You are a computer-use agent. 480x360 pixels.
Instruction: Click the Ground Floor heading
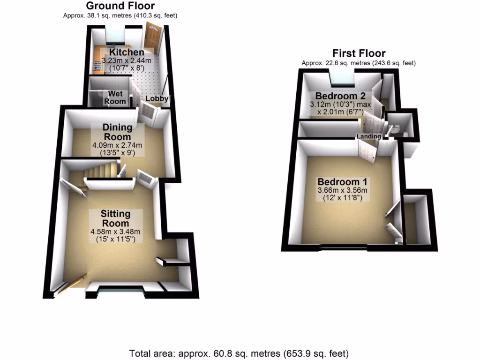tap(120, 6)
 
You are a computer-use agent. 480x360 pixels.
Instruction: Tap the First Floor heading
tap(359, 53)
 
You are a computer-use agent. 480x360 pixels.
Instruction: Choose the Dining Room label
tap(117, 132)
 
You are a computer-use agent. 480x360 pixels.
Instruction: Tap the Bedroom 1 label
tap(343, 181)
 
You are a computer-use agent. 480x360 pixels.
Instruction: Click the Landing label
tap(369, 136)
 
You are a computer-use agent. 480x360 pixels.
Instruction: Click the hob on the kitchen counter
tap(98, 65)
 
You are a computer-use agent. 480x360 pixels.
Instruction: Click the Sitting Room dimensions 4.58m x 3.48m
tap(116, 232)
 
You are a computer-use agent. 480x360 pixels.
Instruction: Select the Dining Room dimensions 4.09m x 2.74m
tap(117, 146)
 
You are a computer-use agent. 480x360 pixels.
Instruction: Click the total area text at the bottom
tap(239, 353)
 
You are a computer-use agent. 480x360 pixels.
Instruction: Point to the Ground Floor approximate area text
tap(120, 15)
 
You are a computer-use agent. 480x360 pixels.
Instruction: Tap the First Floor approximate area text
tap(359, 63)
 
